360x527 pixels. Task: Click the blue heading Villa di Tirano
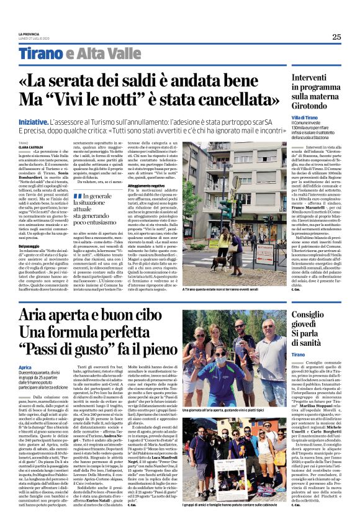(x=305, y=118)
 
